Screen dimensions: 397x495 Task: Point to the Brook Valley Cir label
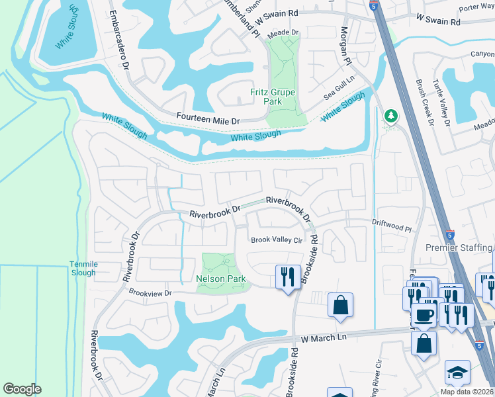click(x=275, y=240)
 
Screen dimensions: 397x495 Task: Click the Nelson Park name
click(x=221, y=279)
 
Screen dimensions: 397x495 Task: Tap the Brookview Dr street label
click(x=150, y=292)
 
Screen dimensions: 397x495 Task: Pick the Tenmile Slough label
click(x=83, y=268)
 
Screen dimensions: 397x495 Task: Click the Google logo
click(x=22, y=389)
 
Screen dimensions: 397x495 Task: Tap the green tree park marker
click(x=391, y=117)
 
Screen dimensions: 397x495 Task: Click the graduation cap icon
click(x=457, y=373)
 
